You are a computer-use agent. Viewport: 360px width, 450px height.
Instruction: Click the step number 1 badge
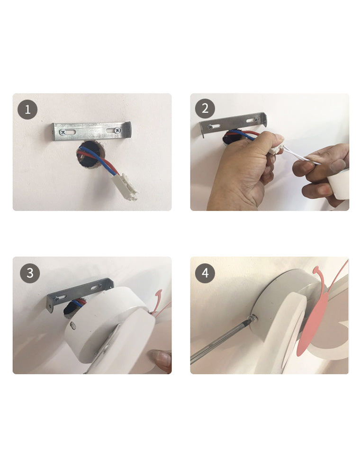click(x=27, y=109)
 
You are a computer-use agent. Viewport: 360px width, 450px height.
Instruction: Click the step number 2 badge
click(x=205, y=108)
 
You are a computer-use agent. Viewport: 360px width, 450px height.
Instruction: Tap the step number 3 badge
click(x=30, y=273)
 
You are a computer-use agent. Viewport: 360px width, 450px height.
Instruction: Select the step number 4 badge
click(x=205, y=273)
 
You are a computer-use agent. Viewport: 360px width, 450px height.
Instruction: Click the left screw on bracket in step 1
click(x=63, y=132)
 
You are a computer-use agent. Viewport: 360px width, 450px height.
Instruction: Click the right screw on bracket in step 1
click(x=117, y=130)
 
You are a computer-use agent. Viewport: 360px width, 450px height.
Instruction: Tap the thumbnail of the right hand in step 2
click(x=338, y=165)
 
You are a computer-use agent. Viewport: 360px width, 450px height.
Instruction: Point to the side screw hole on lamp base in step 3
click(x=72, y=325)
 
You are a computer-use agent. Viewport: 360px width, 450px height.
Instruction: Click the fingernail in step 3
click(x=162, y=359)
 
